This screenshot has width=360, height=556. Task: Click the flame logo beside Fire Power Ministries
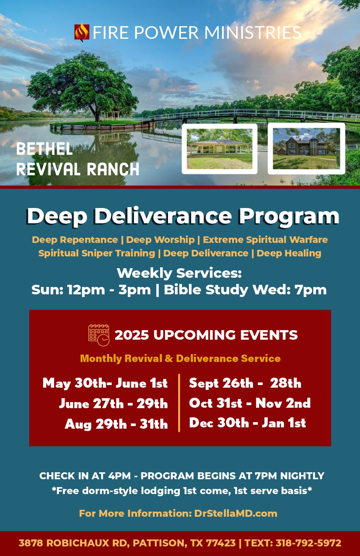click(x=82, y=32)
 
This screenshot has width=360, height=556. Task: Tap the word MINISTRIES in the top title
click(x=253, y=33)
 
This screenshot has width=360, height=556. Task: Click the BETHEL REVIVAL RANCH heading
click(x=78, y=159)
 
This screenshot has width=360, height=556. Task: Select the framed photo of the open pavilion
click(x=219, y=149)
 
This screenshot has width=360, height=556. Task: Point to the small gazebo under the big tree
click(x=110, y=116)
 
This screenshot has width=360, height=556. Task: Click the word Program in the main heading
click(x=289, y=217)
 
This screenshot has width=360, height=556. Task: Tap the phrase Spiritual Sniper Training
click(x=96, y=253)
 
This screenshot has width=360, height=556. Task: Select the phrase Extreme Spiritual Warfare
click(x=265, y=240)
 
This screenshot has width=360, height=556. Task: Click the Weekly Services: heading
click(x=179, y=273)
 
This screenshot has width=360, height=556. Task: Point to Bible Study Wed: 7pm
click(x=245, y=290)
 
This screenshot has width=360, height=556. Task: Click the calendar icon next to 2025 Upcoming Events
click(x=99, y=335)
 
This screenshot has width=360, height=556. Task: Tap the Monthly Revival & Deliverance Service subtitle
click(x=180, y=358)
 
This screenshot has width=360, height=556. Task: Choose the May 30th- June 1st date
click(x=105, y=383)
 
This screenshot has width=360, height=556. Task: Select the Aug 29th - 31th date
click(x=116, y=424)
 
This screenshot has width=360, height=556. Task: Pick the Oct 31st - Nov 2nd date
click(x=250, y=403)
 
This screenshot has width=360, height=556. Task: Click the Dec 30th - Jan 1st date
click(x=247, y=423)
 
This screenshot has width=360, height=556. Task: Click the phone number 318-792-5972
click(x=309, y=543)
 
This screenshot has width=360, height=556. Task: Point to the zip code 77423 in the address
click(x=221, y=543)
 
